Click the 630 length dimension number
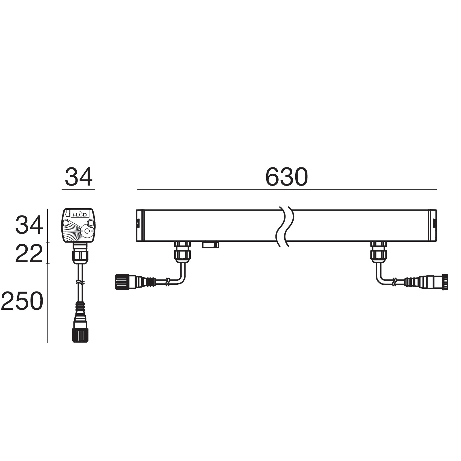click(x=286, y=177)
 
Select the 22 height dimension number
click(x=29, y=254)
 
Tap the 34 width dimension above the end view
click(x=78, y=177)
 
